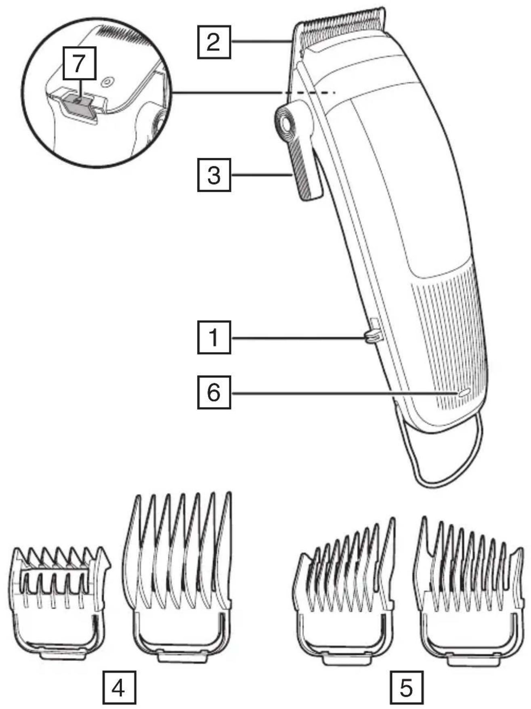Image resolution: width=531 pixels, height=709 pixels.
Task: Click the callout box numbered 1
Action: (x=214, y=337)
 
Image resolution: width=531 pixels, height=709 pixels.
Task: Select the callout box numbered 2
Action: (x=214, y=42)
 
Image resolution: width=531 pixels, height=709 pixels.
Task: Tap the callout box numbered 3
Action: (x=214, y=175)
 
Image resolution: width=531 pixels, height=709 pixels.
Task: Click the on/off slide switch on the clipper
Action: (x=372, y=336)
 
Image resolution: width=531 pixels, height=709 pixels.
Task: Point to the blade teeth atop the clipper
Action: (x=343, y=20)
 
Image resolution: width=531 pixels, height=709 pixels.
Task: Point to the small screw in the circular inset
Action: (x=107, y=82)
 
